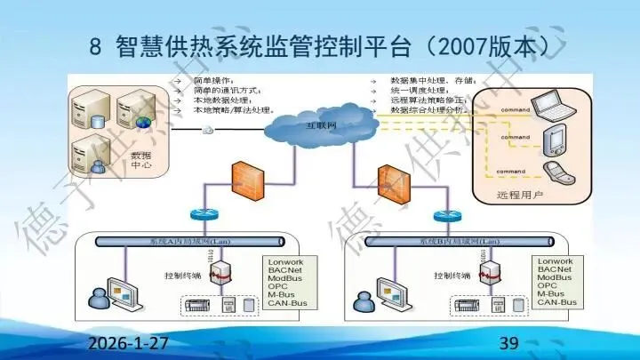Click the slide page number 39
coord(510,343)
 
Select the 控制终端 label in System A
coord(182,276)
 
